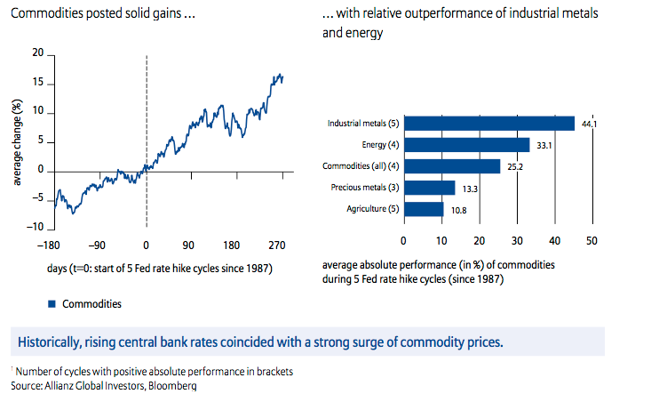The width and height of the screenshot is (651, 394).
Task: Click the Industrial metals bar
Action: (x=488, y=124)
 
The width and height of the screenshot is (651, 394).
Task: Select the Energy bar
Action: (x=466, y=144)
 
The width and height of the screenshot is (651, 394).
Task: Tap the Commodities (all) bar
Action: (x=451, y=165)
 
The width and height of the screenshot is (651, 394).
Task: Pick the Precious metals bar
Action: (x=429, y=188)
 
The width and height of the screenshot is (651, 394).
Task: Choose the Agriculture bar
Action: (x=424, y=209)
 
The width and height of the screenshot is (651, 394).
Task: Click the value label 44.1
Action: (x=588, y=125)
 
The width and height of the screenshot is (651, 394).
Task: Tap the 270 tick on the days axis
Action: (x=276, y=244)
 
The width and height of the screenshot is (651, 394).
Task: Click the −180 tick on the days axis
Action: (x=58, y=244)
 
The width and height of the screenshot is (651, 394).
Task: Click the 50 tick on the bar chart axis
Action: (x=591, y=240)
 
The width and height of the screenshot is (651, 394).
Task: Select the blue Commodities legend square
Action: (x=52, y=303)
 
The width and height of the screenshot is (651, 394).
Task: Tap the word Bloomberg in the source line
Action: (x=171, y=385)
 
